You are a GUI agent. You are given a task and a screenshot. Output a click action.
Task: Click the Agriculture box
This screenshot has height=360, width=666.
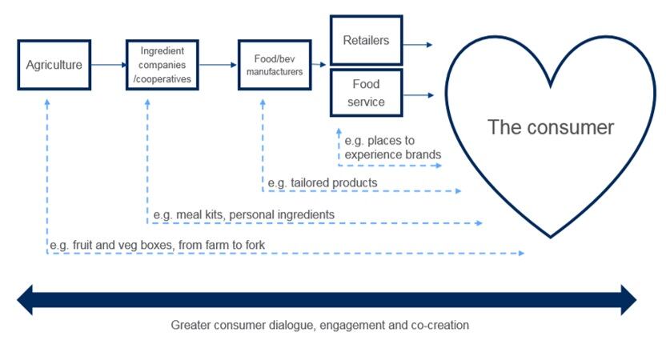click(x=54, y=65)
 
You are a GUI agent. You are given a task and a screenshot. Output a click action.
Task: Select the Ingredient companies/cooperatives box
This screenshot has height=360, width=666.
click(x=162, y=65)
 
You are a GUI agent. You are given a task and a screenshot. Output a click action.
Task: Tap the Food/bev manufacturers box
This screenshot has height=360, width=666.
click(x=274, y=65)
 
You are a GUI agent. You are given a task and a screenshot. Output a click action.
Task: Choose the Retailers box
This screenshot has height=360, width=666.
click(x=366, y=41)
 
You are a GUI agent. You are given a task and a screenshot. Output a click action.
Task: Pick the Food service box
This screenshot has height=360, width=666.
click(x=366, y=93)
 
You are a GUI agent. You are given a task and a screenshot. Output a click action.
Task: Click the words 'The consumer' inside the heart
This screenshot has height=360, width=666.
click(x=551, y=127)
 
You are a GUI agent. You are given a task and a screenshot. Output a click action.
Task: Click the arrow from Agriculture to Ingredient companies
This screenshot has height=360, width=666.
click(x=108, y=65)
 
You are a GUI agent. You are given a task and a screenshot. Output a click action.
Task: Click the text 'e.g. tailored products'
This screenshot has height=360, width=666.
click(x=322, y=183)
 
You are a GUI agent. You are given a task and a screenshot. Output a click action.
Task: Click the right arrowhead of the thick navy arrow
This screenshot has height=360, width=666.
click(x=628, y=300)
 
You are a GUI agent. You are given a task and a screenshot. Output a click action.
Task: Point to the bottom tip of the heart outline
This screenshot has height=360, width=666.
click(x=551, y=236)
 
